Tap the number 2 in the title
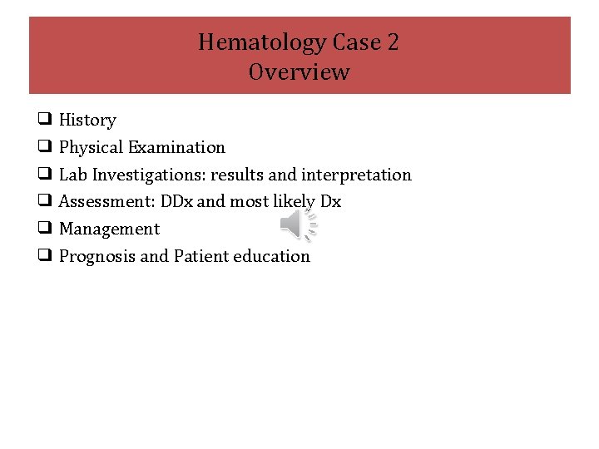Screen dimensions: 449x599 point(392,42)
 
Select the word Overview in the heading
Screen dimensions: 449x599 point(299,72)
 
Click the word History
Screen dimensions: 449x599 point(87,121)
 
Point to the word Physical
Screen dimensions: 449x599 point(91,148)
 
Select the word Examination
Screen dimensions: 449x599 point(176,148)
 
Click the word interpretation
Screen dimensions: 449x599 point(356,175)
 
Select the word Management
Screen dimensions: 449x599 point(109,229)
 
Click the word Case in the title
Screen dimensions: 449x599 point(355,42)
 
